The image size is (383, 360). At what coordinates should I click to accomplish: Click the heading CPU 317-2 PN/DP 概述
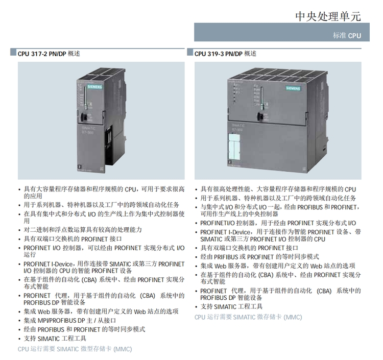49,53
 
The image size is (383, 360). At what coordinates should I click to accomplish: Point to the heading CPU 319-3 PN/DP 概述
225,53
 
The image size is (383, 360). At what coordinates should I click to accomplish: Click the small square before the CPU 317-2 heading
14,53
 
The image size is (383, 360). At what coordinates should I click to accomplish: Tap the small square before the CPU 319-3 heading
190,53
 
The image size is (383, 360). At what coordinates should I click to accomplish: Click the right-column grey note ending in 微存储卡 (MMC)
248,317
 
